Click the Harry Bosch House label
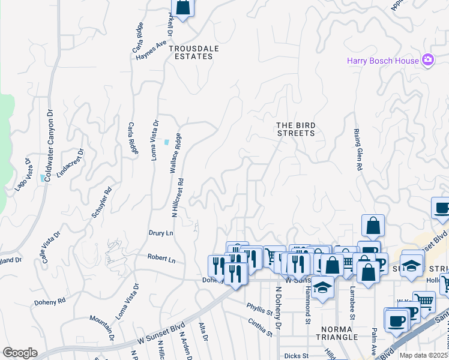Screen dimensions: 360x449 point(383,60)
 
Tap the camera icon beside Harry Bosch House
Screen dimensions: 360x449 point(427,59)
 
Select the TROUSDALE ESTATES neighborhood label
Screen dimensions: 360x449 point(191,52)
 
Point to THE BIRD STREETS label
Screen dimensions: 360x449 point(295,129)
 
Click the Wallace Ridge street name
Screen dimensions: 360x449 point(175,154)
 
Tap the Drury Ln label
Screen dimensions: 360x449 point(161,232)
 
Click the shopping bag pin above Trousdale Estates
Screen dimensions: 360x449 point(182,8)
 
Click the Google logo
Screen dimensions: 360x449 point(20,353)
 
